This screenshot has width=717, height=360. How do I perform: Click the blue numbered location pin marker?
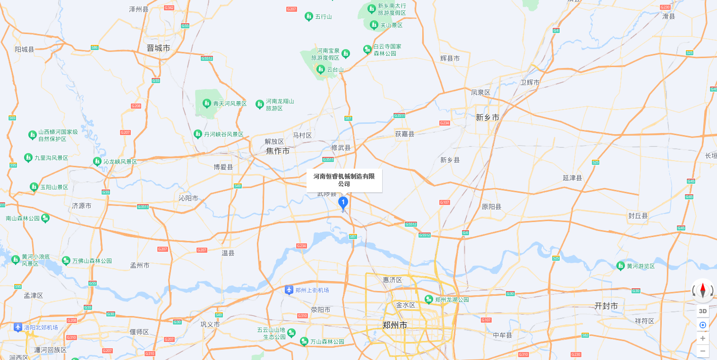343,203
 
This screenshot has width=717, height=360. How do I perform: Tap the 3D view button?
703,311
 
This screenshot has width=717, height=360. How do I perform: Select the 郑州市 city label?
394,325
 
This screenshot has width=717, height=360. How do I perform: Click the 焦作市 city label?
278,151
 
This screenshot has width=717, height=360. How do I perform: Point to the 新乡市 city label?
487,117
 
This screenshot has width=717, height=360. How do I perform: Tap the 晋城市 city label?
158,48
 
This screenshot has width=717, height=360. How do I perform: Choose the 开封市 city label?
606,306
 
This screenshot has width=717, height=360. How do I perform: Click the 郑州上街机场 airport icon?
289,290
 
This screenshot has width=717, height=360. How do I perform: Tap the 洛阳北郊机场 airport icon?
18,327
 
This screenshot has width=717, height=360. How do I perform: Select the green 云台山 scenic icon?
321,69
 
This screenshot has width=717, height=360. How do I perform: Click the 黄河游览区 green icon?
621,266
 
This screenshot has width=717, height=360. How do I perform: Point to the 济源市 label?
82,206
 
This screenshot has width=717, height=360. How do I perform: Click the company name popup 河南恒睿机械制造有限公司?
344,180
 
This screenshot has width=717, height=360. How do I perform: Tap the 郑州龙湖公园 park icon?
429,299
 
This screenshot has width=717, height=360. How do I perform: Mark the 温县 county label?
228,253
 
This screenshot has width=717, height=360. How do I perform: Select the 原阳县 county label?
491,206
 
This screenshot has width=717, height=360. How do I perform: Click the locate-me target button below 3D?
703,325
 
